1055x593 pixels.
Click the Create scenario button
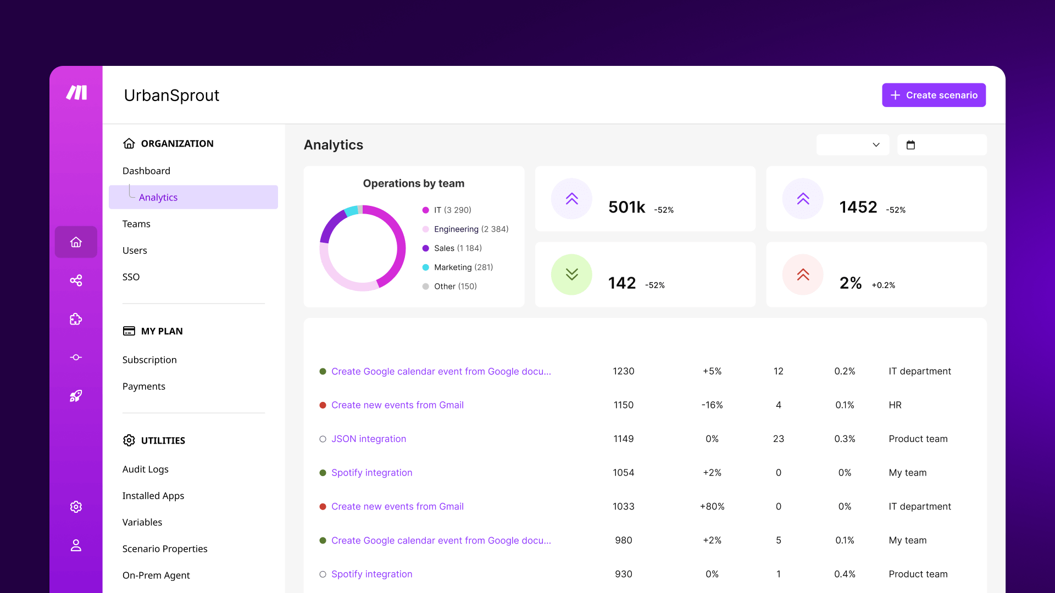pyautogui.click(x=934, y=95)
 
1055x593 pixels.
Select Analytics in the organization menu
pyautogui.click(x=158, y=197)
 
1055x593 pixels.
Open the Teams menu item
pyautogui.click(x=136, y=224)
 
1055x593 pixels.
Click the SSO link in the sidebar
pyautogui.click(x=131, y=277)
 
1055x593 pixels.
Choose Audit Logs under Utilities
pyautogui.click(x=145, y=469)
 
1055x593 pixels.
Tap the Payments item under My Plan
pyautogui.click(x=143, y=386)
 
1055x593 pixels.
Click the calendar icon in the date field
pyautogui.click(x=910, y=145)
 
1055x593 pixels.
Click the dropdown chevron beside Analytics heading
pyautogui.click(x=876, y=145)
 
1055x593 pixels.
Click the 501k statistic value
pyautogui.click(x=626, y=207)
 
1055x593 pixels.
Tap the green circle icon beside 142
pyautogui.click(x=571, y=275)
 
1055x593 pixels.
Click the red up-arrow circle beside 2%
pyautogui.click(x=803, y=275)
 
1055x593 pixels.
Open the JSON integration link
pyautogui.click(x=368, y=439)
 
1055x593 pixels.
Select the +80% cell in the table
pyautogui.click(x=712, y=506)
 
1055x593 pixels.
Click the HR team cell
pyautogui.click(x=895, y=405)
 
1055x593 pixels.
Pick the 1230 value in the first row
pyautogui.click(x=623, y=371)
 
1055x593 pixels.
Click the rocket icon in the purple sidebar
pyautogui.click(x=76, y=396)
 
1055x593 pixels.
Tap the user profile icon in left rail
pyautogui.click(x=76, y=545)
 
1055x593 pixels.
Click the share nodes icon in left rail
pyautogui.click(x=76, y=281)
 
